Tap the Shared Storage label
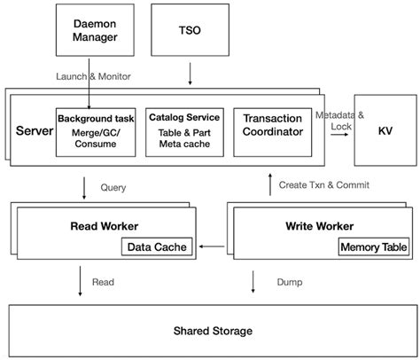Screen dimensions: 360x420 pos(209,331)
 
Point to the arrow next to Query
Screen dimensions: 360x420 pos(83,187)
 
